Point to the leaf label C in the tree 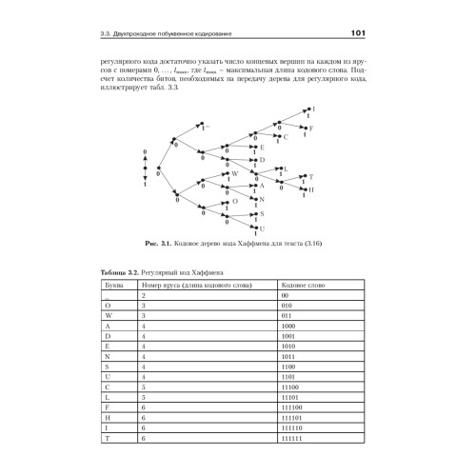(x=287, y=137)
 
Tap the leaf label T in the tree (x=312, y=176)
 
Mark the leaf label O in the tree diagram (x=235, y=202)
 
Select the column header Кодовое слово (x=302, y=283)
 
